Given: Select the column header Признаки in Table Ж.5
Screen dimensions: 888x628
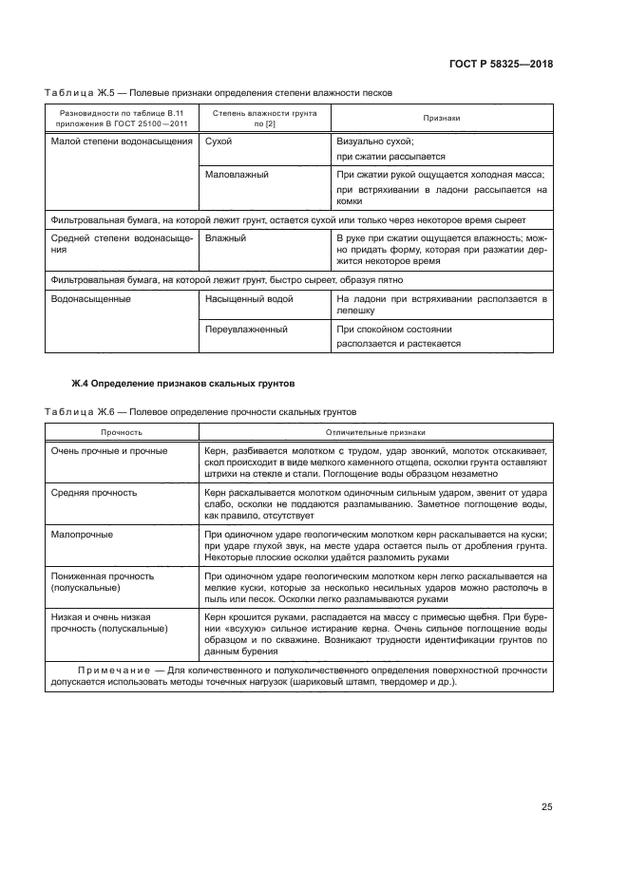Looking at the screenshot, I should pyautogui.click(x=442, y=118).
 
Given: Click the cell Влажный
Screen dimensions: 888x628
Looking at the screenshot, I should pyautogui.click(x=225, y=237).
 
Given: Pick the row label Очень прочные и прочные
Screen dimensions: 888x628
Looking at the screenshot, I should pyautogui.click(x=110, y=450).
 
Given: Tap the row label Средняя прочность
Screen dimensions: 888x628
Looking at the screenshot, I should pyautogui.click(x=94, y=492).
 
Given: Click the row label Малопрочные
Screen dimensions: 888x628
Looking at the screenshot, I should pyautogui.click(x=82, y=534).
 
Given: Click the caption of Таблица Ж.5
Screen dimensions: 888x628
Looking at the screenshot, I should pyautogui.click(x=218, y=92).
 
